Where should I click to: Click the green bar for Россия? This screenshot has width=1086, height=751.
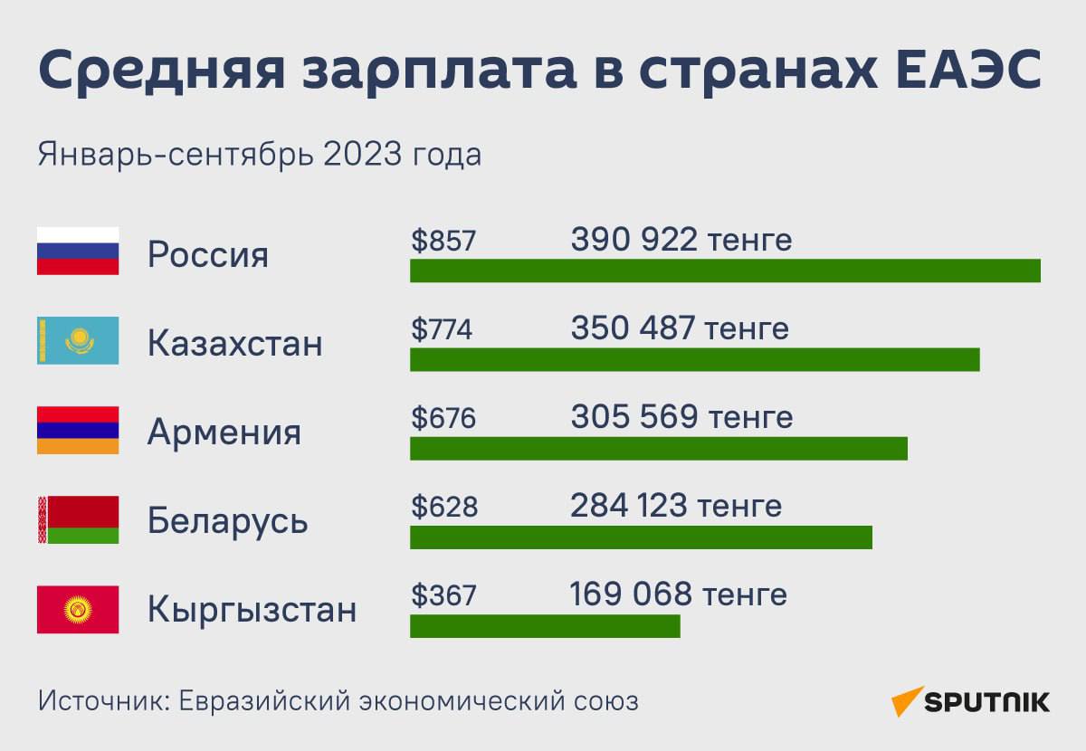(725, 271)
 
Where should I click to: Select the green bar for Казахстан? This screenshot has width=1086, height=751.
(695, 359)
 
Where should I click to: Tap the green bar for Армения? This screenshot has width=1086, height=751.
(659, 448)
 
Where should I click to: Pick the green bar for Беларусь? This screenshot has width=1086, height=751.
(641, 537)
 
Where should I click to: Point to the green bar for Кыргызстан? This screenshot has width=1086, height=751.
(545, 626)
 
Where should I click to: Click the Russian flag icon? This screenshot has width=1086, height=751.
(78, 251)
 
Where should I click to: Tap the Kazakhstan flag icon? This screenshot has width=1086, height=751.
(78, 340)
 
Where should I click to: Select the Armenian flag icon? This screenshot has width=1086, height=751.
(78, 430)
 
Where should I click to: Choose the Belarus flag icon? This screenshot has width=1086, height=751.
(78, 519)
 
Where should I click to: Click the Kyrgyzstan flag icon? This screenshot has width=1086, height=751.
(78, 609)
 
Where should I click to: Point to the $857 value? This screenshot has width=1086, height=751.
(443, 241)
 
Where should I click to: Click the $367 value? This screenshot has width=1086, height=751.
(443, 595)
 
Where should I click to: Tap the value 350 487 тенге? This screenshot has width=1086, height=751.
(680, 328)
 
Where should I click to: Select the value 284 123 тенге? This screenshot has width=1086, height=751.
(676, 506)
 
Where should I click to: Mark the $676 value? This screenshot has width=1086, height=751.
(443, 418)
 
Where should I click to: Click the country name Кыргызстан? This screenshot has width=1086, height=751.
(252, 610)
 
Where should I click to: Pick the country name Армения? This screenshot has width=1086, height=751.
(224, 432)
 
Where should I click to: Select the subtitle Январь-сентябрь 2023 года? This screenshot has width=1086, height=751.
(260, 155)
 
